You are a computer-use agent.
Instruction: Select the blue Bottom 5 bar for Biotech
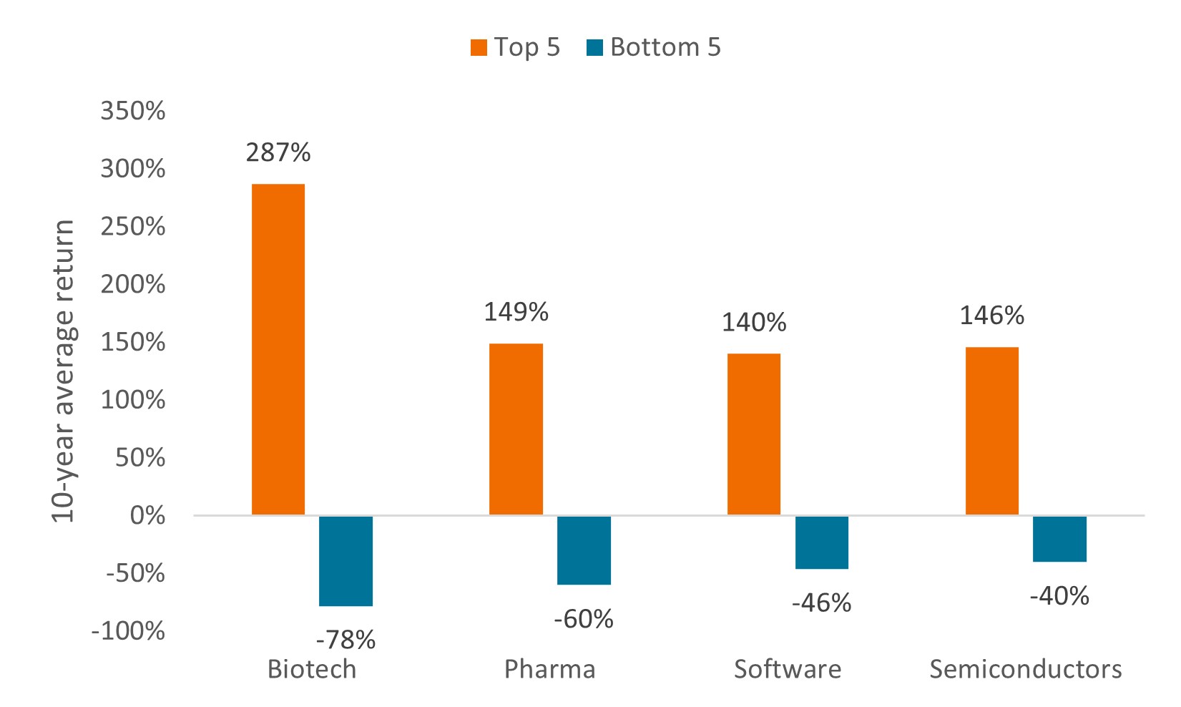[346, 560]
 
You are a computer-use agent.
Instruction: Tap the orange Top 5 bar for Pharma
[516, 429]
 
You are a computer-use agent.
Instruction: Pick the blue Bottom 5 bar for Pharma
[584, 550]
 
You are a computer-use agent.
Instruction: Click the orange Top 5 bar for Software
[753, 434]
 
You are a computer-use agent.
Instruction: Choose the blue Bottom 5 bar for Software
[822, 542]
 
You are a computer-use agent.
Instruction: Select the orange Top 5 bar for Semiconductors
[991, 431]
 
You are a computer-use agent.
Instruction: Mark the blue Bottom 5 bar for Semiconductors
[1059, 538]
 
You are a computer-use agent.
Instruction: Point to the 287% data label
[278, 152]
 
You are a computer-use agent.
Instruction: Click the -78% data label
[346, 640]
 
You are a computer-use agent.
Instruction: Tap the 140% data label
[754, 323]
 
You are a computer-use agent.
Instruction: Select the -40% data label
[1059, 595]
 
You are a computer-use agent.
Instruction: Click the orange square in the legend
[479, 48]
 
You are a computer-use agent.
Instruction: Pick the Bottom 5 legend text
[665, 47]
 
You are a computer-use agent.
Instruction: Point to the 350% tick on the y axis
[133, 111]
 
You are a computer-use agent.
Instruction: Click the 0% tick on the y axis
[147, 515]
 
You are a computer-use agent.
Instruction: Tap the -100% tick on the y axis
[129, 631]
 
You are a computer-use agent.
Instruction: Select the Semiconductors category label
[1025, 669]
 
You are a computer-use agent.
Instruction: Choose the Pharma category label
[549, 669]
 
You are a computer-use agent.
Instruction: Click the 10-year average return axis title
[64, 371]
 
